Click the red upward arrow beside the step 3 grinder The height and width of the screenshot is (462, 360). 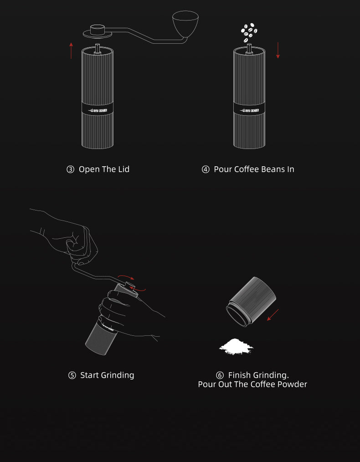(x=71, y=50)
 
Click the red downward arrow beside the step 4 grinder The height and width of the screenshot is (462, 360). (x=278, y=50)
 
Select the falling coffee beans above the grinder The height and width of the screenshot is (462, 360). (x=249, y=31)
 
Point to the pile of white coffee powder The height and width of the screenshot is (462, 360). (x=236, y=347)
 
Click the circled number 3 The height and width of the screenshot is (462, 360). (x=70, y=169)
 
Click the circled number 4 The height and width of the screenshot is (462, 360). (x=206, y=169)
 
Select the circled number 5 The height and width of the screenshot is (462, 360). (x=72, y=375)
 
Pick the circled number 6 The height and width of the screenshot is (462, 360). (x=220, y=375)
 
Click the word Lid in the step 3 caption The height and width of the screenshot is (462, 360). (x=123, y=169)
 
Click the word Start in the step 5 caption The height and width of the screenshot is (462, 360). (x=89, y=375)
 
